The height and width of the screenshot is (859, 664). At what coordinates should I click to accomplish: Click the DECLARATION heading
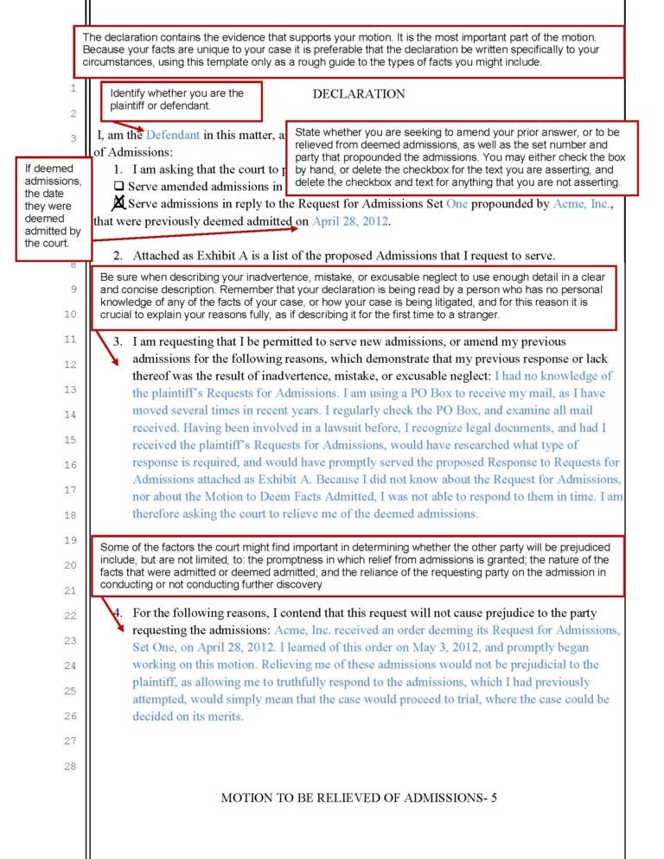coord(358,93)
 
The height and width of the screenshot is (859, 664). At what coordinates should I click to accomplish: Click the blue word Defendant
coord(172,135)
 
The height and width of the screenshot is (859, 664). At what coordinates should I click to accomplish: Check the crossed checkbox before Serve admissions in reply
coord(119,203)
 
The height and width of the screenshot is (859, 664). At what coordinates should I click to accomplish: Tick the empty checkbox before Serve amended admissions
coord(119,186)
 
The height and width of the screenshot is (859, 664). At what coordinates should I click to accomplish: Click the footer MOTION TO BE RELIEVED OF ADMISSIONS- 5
coord(358,798)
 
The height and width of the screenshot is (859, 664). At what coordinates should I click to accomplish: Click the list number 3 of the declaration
coord(118,341)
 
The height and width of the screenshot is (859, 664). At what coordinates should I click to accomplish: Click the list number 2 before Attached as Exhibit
coord(118,256)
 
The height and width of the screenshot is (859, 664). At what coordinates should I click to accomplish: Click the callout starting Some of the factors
coord(358,566)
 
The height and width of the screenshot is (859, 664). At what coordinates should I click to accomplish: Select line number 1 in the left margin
coord(73,87)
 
